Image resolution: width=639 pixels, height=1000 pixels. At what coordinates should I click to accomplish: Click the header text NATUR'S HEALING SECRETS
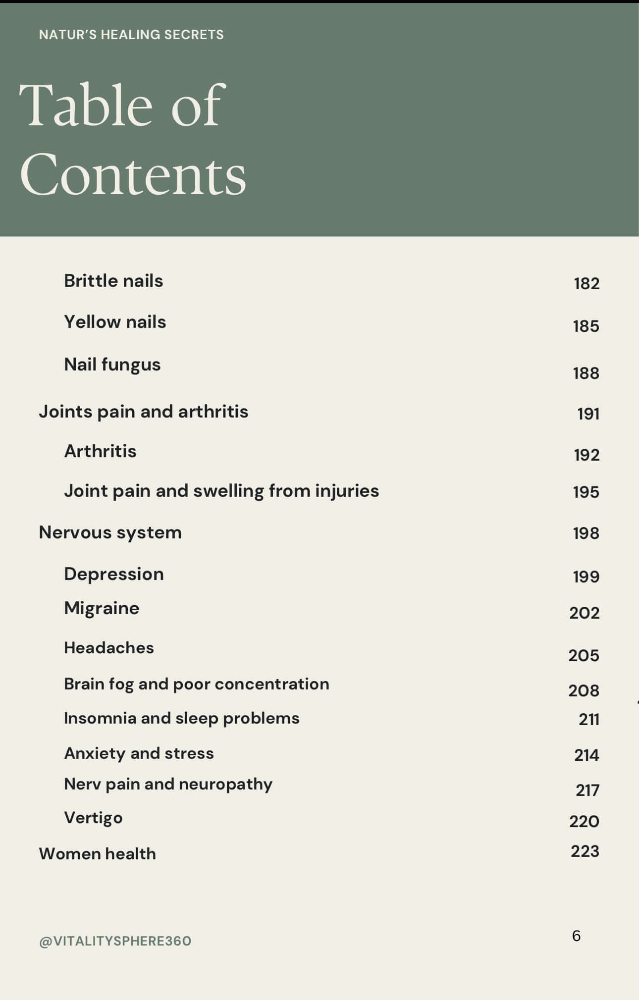[x=131, y=35]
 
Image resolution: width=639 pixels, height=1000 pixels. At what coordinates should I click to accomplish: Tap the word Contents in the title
[x=133, y=175]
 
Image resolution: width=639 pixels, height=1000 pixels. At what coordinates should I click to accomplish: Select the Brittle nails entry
[x=113, y=281]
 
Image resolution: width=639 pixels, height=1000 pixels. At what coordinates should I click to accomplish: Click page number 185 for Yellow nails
[x=586, y=326]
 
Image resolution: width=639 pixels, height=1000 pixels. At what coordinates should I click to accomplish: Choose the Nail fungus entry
[x=112, y=365]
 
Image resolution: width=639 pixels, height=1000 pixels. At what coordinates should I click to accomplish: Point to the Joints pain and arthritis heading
[x=144, y=412]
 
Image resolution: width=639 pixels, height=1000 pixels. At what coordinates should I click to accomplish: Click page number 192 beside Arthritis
[x=586, y=455]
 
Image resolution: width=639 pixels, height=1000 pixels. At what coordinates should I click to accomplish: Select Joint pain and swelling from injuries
[x=221, y=491]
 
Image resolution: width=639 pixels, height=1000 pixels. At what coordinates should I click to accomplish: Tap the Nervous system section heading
[x=110, y=532]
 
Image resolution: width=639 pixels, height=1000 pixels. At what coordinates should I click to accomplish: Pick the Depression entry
[x=114, y=574]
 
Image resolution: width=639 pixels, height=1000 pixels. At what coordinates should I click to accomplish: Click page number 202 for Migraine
[x=585, y=613]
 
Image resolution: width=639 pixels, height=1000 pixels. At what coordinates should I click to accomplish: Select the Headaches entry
[x=109, y=648]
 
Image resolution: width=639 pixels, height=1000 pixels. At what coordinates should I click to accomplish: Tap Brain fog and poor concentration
[x=197, y=684]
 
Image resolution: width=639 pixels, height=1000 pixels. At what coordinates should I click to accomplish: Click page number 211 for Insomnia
[x=589, y=719]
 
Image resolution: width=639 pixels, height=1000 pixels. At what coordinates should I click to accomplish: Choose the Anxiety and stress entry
[x=139, y=753]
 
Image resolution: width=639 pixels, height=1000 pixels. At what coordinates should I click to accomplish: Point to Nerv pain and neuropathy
[x=168, y=784]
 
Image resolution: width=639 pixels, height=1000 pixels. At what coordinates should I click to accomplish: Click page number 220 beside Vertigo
[x=585, y=821]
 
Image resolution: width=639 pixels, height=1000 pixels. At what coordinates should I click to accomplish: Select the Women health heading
[x=98, y=854]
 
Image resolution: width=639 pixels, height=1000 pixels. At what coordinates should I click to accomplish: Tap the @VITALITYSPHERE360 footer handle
[x=115, y=941]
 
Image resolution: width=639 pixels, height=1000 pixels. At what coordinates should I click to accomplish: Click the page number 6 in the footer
[x=576, y=936]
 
